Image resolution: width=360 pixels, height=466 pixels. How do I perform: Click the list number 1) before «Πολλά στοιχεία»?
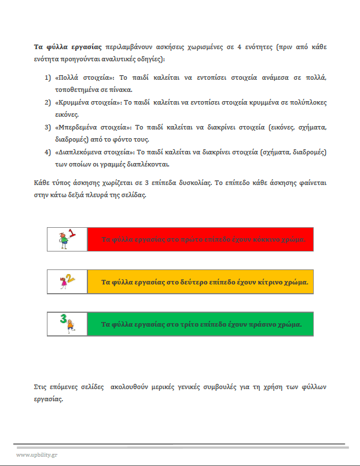point(49,77)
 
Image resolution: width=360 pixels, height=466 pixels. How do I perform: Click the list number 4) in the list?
point(49,152)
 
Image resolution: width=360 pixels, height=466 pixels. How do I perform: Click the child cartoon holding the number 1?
point(67,239)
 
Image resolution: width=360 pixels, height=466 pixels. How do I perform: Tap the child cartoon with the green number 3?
point(67,323)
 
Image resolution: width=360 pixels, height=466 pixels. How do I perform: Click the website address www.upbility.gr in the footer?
point(36,454)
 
